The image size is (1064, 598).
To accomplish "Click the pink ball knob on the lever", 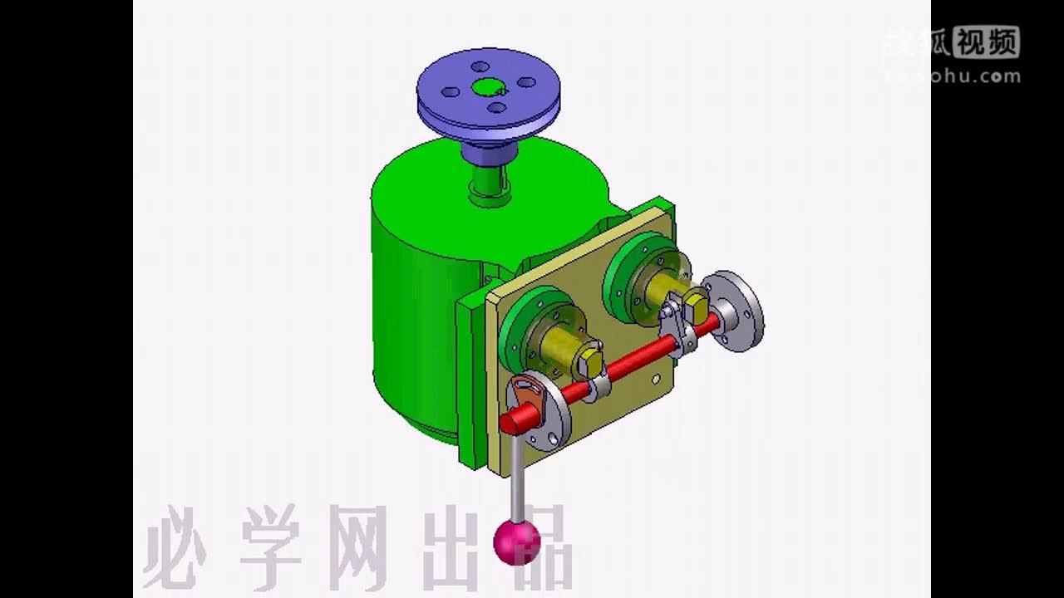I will pyautogui.click(x=516, y=542).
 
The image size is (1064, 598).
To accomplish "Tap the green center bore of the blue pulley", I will pyautogui.click(x=486, y=87).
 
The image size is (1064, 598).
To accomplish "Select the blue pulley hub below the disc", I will pyautogui.click(x=488, y=152).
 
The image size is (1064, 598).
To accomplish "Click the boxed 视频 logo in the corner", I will pyautogui.click(x=986, y=42).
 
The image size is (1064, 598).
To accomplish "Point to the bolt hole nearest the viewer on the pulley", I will pyautogui.click(x=495, y=106).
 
